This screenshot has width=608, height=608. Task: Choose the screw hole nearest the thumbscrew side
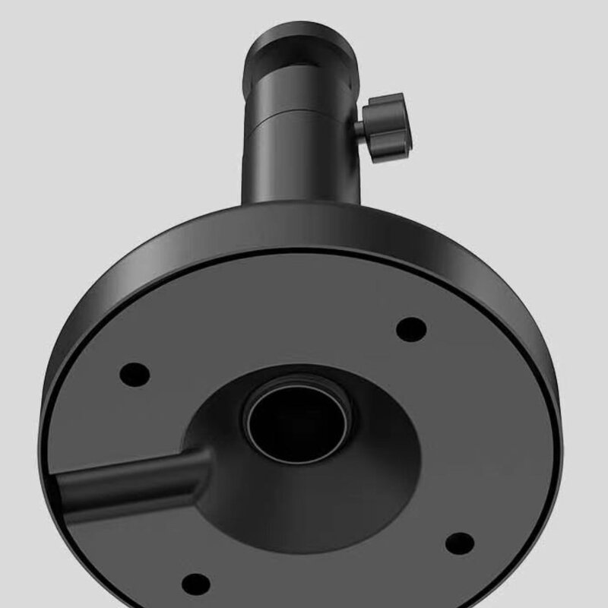click(411, 328)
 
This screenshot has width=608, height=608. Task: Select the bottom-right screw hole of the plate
click(458, 542)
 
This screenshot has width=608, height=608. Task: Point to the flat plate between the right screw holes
click(464, 433)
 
